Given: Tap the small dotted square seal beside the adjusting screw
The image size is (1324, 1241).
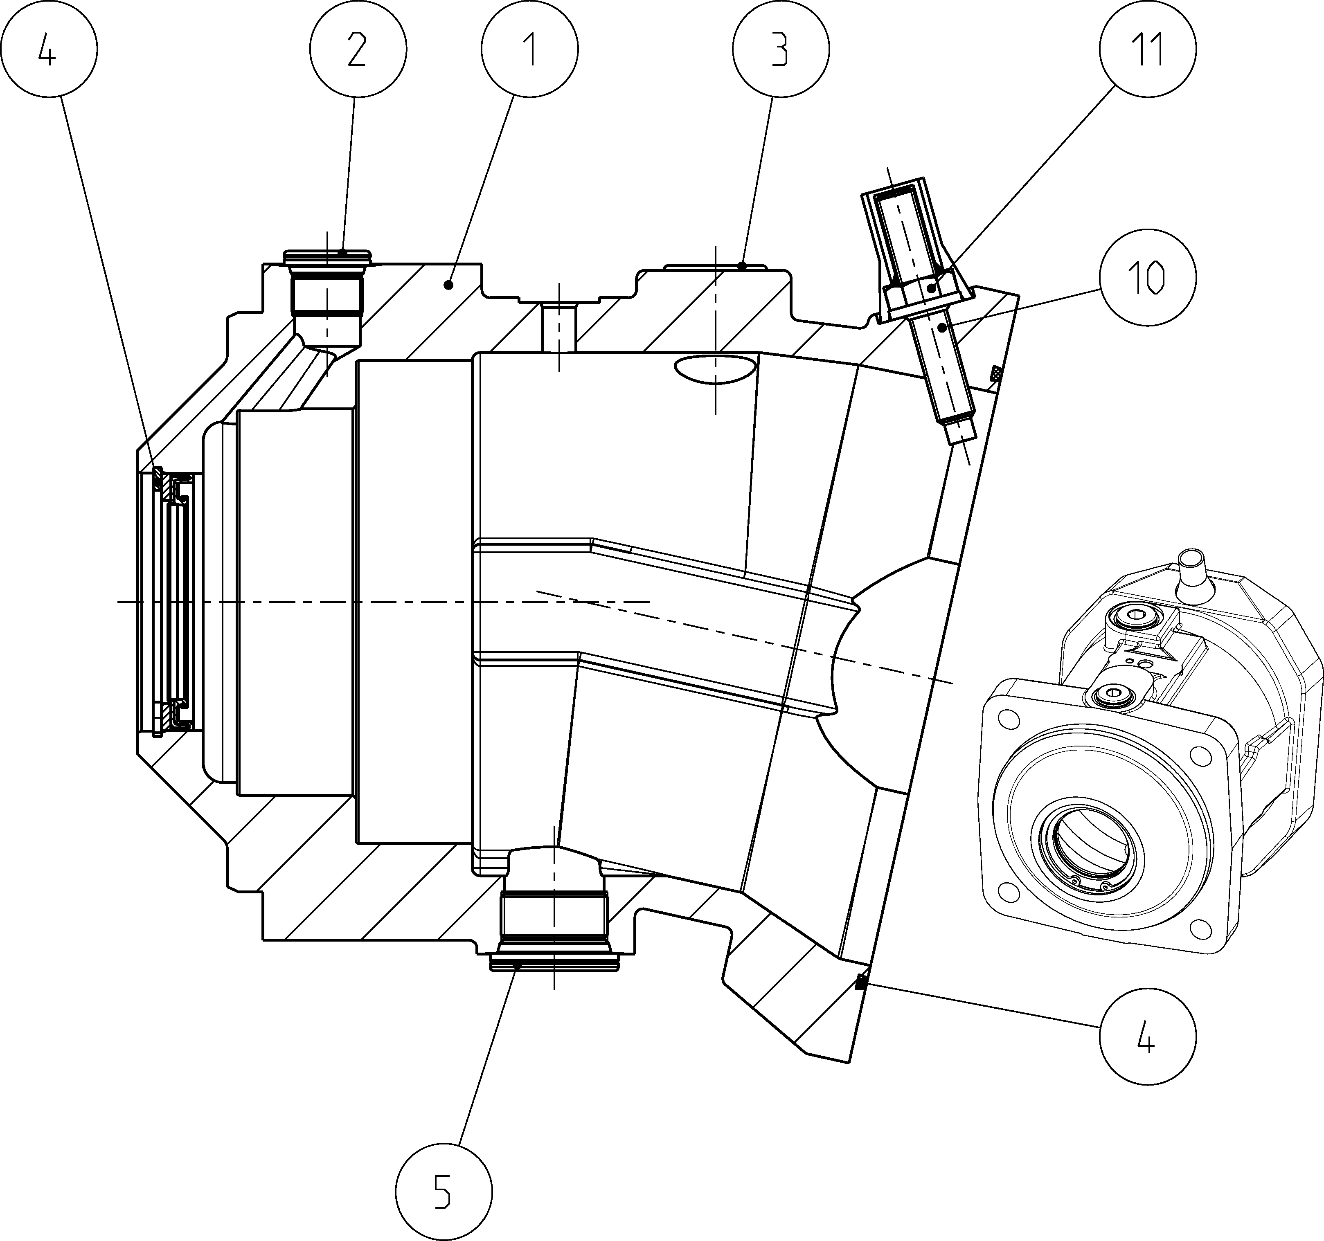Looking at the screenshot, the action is point(996,373).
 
